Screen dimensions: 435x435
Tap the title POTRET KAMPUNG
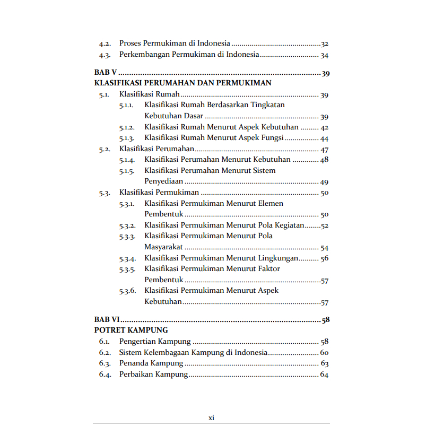[131, 330]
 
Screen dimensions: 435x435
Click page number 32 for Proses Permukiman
[325, 43]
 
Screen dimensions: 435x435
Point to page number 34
[325, 55]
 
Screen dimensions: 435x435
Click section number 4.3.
[105, 55]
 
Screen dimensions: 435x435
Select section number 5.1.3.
[127, 138]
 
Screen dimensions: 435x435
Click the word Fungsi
[272, 138]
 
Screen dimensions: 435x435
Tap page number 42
[325, 127]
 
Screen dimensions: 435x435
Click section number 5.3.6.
[127, 291]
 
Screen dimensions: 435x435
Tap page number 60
[325, 353]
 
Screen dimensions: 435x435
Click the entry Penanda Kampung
[151, 363]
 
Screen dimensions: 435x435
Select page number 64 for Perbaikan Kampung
[325, 375]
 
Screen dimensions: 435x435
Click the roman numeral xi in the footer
[211, 418]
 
